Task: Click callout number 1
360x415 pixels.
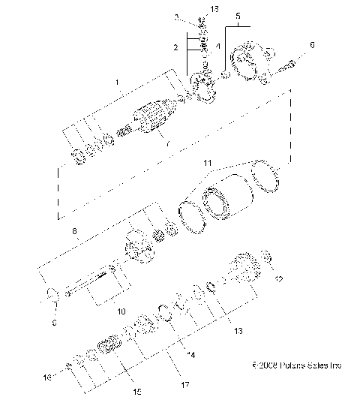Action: pyautogui.click(x=115, y=80)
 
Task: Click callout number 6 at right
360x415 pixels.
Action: pyautogui.click(x=313, y=45)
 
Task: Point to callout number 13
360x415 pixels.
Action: pyautogui.click(x=239, y=329)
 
